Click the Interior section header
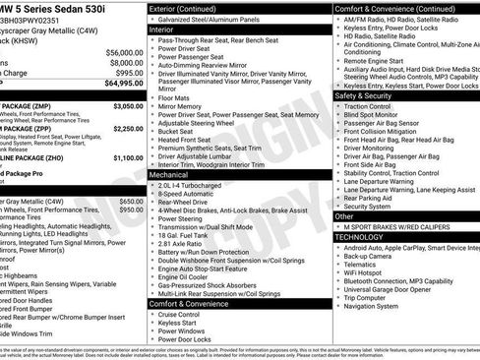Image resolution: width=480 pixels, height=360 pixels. tap(161, 30)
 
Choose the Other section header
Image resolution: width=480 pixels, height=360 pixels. tap(344, 215)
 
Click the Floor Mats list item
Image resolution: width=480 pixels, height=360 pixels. tap(179, 98)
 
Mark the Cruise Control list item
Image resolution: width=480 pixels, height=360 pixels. tap(187, 316)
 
